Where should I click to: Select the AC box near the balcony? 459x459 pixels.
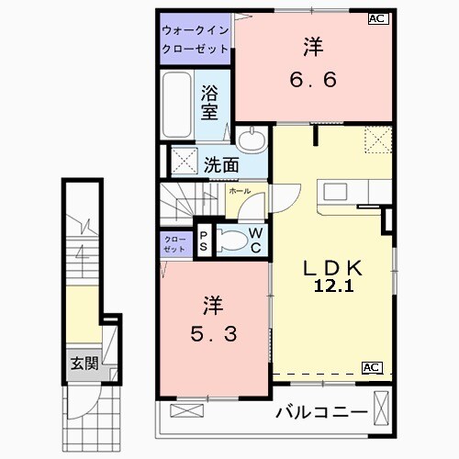(372, 367)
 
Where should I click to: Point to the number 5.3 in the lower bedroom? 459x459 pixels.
(213, 335)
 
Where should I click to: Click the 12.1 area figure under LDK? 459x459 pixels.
(334, 286)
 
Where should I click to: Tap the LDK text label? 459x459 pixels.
(334, 267)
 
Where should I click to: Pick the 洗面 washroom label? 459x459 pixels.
(221, 166)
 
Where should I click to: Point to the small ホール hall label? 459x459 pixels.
(239, 191)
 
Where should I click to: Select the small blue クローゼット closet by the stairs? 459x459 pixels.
(174, 243)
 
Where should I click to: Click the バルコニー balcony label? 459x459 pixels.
(321, 412)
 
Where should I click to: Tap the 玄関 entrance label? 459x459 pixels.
(84, 363)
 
